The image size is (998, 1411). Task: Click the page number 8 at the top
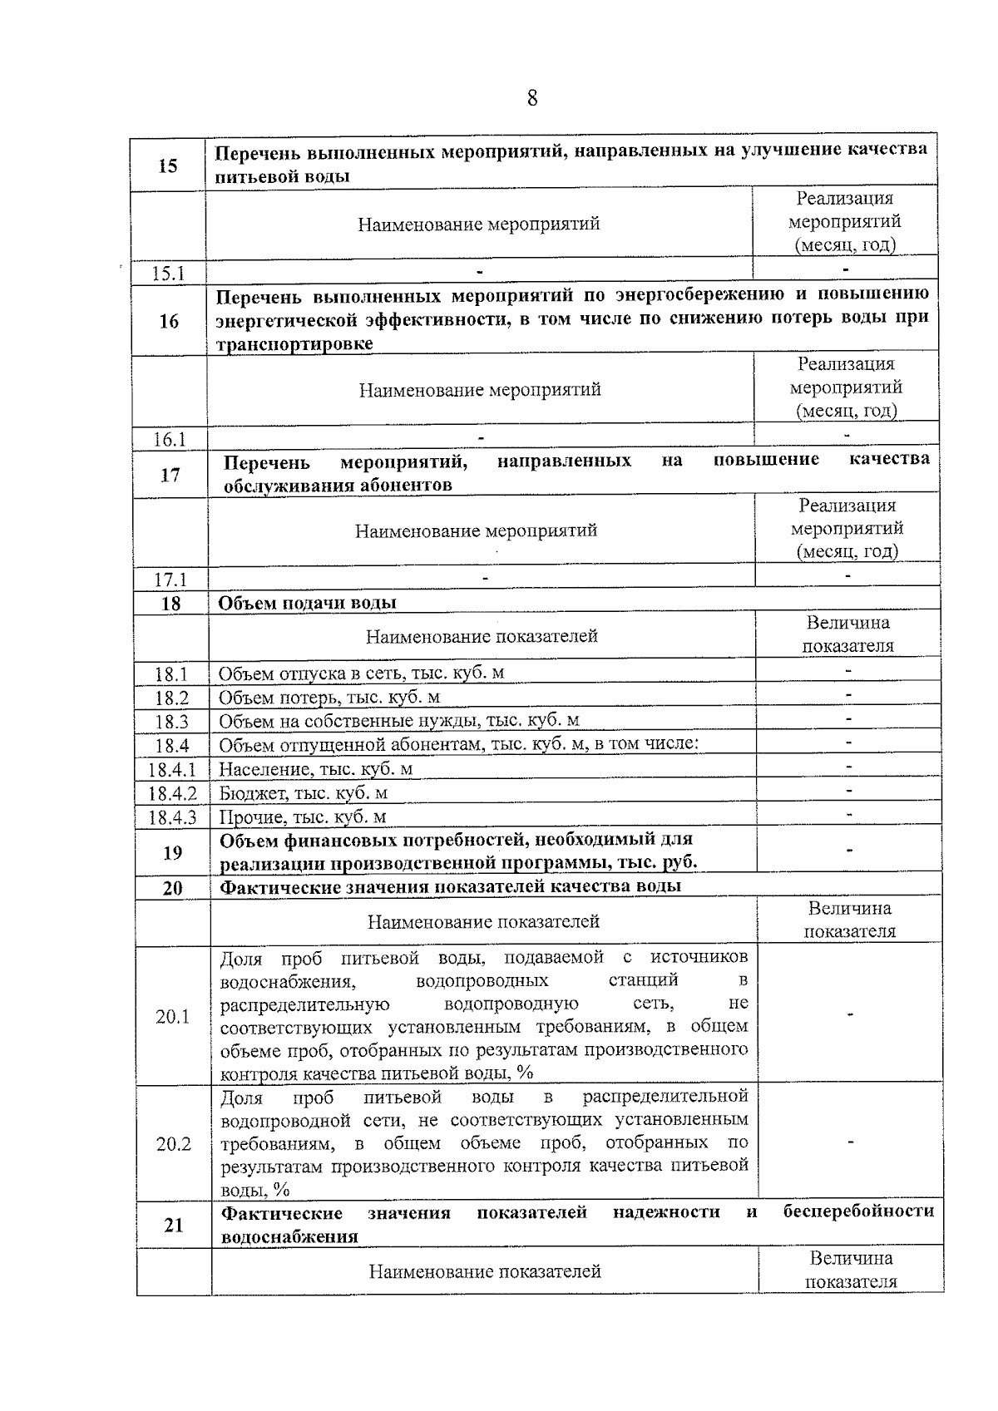pyautogui.click(x=532, y=99)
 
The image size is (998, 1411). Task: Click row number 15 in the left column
pyautogui.click(x=168, y=165)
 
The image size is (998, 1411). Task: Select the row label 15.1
pyautogui.click(x=168, y=274)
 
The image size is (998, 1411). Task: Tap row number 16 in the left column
pyautogui.click(x=169, y=321)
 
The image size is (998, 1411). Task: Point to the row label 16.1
pyautogui.click(x=170, y=439)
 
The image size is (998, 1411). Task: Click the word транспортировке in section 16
pyautogui.click(x=295, y=344)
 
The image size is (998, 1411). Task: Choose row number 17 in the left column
pyautogui.click(x=170, y=475)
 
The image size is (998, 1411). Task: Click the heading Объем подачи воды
pyautogui.click(x=307, y=603)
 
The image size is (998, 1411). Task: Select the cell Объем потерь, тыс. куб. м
pyautogui.click(x=329, y=697)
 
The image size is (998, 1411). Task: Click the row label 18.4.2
pyautogui.click(x=172, y=793)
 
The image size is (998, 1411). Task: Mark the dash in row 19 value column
pyautogui.click(x=849, y=851)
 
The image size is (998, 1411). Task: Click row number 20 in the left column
pyautogui.click(x=172, y=888)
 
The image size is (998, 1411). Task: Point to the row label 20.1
pyautogui.click(x=173, y=1016)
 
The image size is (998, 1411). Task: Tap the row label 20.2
pyautogui.click(x=174, y=1144)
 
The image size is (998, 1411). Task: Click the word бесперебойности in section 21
pyautogui.click(x=858, y=1212)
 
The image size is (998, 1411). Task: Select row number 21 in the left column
pyautogui.click(x=174, y=1225)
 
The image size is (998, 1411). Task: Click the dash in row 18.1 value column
pyautogui.click(x=848, y=669)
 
